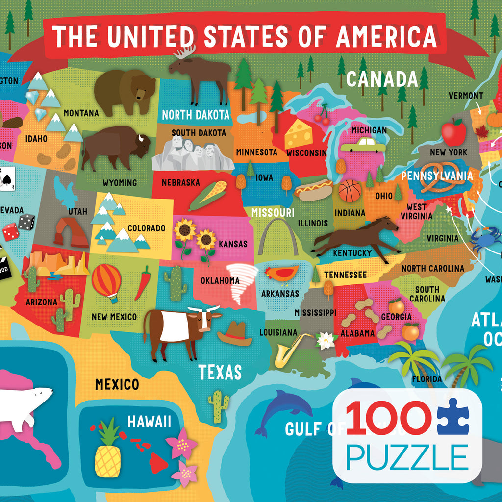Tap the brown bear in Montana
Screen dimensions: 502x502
(125, 91)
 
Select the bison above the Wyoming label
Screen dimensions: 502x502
(115, 146)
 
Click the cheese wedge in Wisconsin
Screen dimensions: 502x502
(299, 133)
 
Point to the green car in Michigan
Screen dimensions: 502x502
(363, 145)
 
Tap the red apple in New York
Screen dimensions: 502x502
(453, 132)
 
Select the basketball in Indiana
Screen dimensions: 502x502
(350, 191)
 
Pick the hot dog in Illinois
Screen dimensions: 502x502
(313, 190)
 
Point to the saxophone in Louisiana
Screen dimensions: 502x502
(292, 350)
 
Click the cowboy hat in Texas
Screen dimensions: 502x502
(235, 334)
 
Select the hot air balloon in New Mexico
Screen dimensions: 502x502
(106, 282)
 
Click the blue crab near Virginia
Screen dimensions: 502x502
(485, 240)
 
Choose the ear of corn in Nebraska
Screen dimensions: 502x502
(209, 195)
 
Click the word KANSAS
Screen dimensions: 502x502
(233, 244)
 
